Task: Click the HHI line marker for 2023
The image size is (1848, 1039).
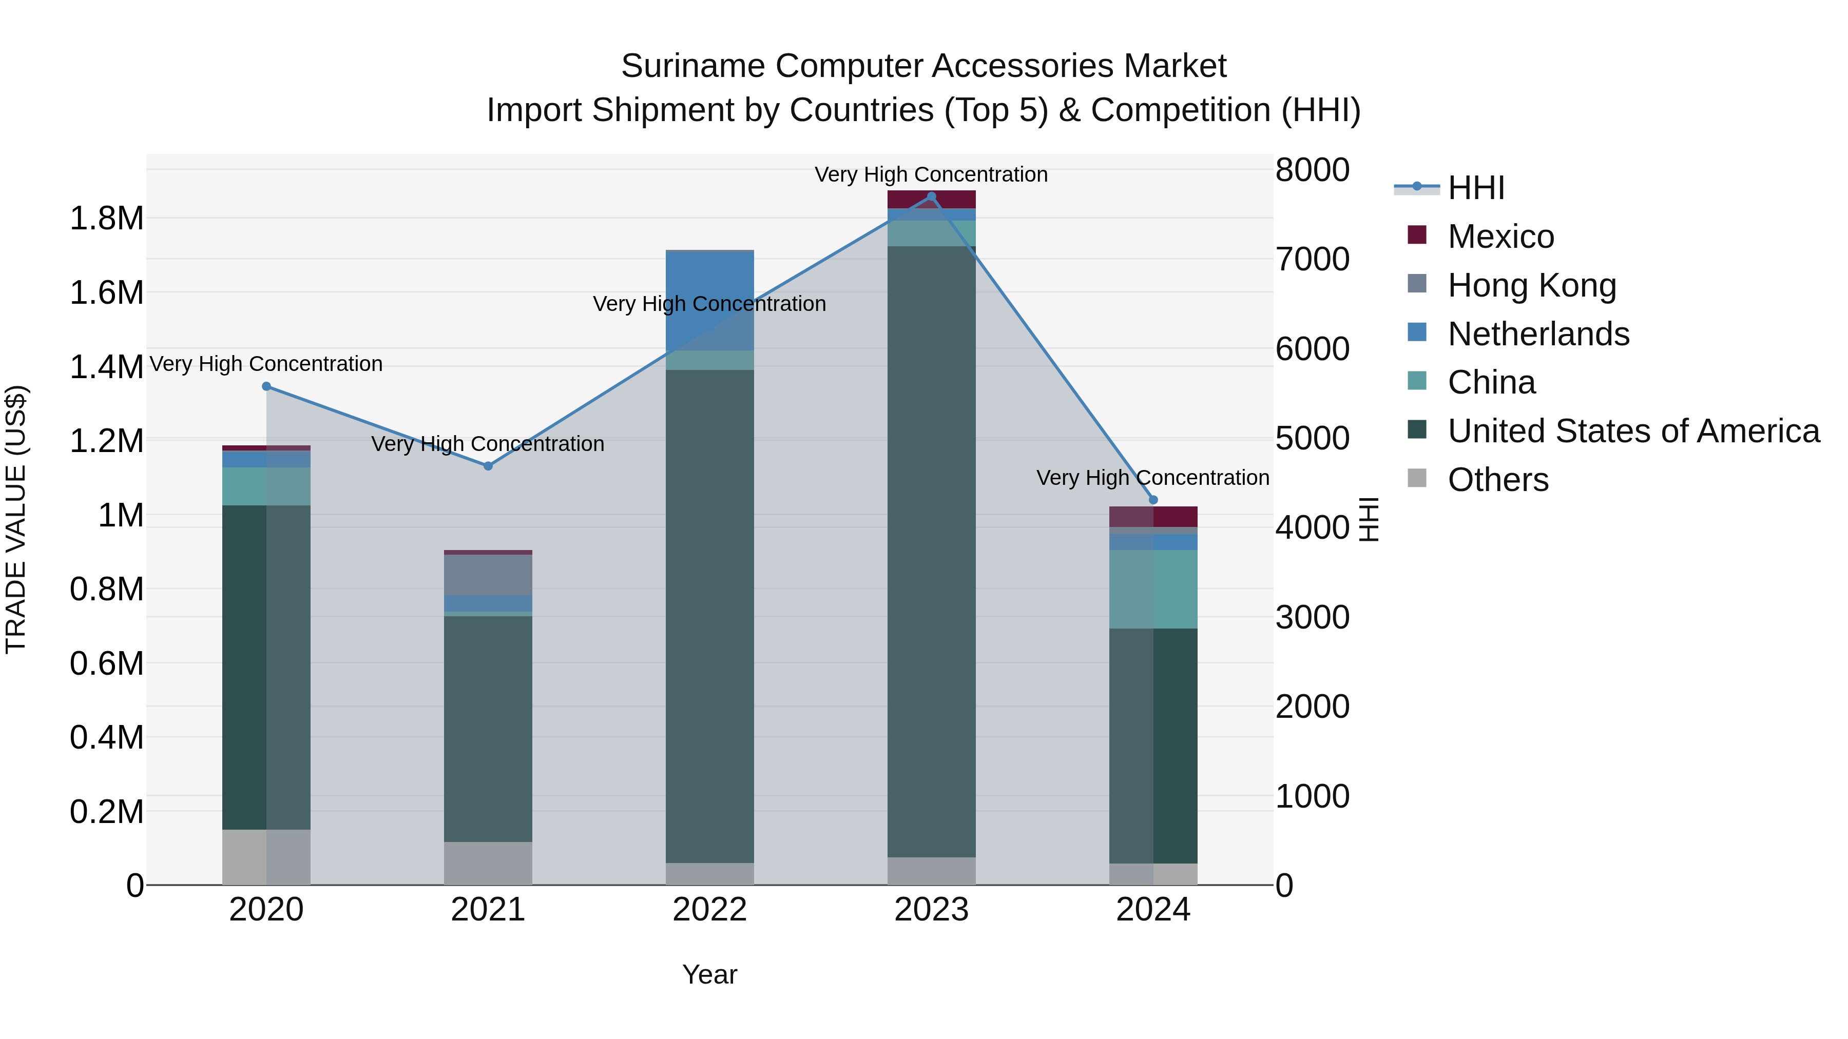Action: click(x=931, y=197)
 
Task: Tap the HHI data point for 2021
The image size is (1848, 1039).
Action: click(x=488, y=466)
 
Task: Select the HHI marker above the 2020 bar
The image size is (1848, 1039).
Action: click(x=266, y=386)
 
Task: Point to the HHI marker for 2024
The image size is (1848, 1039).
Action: click(x=1153, y=500)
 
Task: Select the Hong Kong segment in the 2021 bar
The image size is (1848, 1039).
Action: click(x=488, y=574)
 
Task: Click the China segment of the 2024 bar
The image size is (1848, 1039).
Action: click(x=1153, y=590)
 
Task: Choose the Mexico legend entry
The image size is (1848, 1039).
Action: click(x=1501, y=237)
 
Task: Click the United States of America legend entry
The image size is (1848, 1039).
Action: click(x=1633, y=431)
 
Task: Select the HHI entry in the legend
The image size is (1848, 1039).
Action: click(x=1476, y=188)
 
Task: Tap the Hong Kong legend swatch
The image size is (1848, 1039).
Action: click(x=1417, y=284)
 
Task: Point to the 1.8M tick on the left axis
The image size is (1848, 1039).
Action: click(x=106, y=218)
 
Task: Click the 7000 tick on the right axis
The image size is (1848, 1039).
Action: click(x=1312, y=260)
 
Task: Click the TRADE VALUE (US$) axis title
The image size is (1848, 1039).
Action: click(x=16, y=519)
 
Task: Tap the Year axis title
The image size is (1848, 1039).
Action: click(x=709, y=974)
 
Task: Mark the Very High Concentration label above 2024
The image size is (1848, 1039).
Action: click(x=1153, y=478)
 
